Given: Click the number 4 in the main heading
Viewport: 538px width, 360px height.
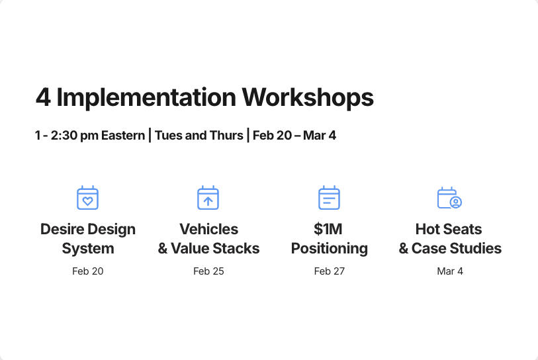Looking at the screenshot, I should (43, 97).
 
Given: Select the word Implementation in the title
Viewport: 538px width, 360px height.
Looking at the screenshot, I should (146, 97).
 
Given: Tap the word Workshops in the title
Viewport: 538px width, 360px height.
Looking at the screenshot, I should (308, 97).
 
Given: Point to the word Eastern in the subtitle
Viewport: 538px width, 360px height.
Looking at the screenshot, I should (123, 136).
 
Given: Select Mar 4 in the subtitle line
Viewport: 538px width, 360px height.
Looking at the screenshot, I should (320, 136).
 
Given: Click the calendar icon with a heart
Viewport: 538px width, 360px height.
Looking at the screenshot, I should (87, 198).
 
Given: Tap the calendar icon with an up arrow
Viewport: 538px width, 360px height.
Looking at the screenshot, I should (208, 198).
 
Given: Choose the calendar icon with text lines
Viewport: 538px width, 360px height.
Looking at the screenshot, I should (329, 198).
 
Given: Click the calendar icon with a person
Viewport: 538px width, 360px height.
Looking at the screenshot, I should (449, 198).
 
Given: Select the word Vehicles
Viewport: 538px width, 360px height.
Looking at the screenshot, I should (208, 230).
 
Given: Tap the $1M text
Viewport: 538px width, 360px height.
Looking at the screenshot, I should (328, 230).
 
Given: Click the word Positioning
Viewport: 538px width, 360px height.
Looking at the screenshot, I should (330, 249).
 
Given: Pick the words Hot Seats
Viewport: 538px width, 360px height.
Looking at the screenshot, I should (449, 230).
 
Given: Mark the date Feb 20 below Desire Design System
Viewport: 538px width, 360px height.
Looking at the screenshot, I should (88, 271).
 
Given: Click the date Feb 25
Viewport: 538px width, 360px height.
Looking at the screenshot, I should (208, 271).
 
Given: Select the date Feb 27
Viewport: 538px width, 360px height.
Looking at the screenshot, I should (330, 271).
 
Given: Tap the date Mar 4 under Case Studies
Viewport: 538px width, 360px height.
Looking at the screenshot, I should (450, 271).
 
